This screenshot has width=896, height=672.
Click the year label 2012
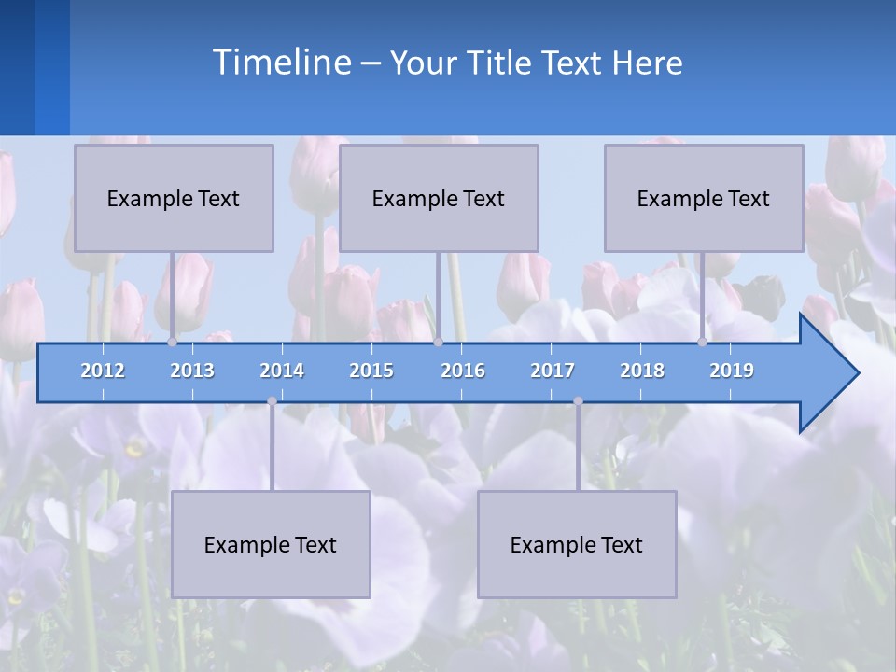coord(103,371)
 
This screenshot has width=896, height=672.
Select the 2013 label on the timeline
coord(192,371)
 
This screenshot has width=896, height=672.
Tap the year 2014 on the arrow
coord(282,371)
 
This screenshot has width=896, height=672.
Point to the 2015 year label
coord(371,371)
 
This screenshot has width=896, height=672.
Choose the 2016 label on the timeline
coord(463,371)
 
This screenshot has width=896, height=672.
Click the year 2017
coord(553,371)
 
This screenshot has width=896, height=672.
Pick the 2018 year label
coord(642,371)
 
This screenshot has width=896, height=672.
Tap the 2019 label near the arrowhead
coord(732,371)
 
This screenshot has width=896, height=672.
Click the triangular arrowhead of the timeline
coord(826,373)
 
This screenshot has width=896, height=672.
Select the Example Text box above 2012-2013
coord(174,198)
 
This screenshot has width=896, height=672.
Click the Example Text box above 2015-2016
coord(439,198)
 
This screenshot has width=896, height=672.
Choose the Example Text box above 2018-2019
coord(704,198)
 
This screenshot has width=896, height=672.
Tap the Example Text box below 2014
coord(271,544)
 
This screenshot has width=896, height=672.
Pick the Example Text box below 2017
coord(577,544)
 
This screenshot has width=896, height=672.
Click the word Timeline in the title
coord(280,63)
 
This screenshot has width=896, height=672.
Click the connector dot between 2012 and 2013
coord(172,343)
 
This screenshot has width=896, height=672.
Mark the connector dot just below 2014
coord(272,401)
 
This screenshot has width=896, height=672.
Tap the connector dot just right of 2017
coord(578,401)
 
